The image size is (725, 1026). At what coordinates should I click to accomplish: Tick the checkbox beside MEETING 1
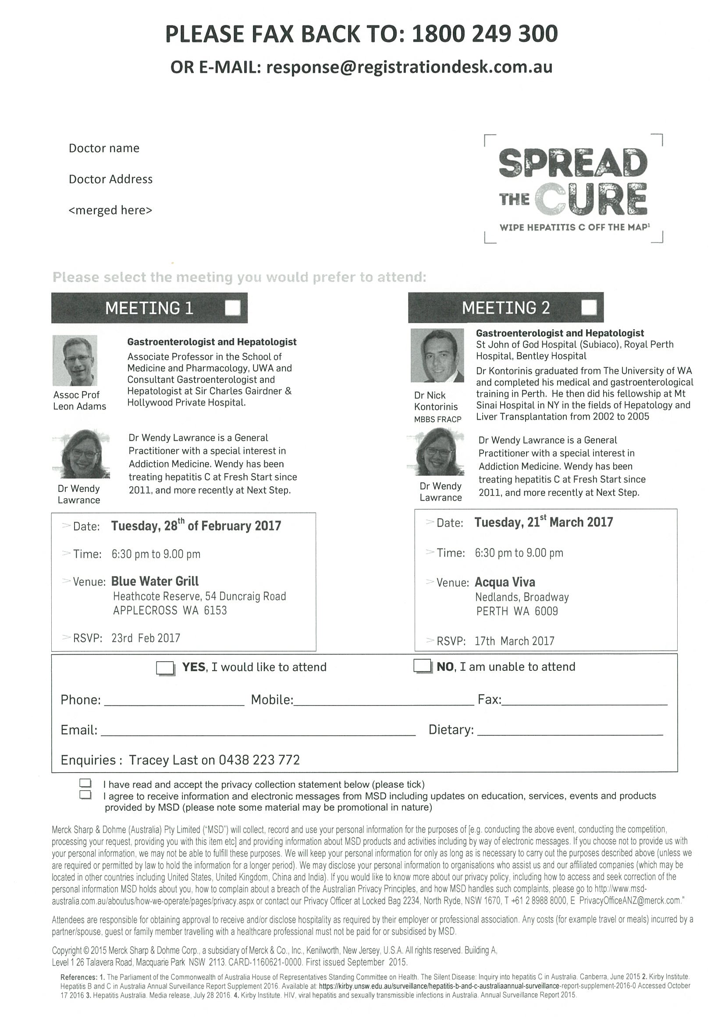tap(233, 307)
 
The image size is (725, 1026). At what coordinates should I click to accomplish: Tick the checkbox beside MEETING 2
tap(589, 307)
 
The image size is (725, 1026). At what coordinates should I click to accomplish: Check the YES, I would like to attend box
tap(165, 668)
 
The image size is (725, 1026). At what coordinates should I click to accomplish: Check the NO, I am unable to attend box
tap(422, 666)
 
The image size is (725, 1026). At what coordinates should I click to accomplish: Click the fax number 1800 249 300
tap(484, 34)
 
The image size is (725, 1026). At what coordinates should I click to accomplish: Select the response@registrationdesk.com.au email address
tap(409, 67)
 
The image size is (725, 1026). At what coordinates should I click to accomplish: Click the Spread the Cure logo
tap(573, 189)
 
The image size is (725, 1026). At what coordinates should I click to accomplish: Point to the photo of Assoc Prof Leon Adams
tap(75, 360)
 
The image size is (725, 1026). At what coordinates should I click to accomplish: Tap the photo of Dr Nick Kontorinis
tap(437, 355)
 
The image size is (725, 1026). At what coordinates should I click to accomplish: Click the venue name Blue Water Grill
tap(155, 581)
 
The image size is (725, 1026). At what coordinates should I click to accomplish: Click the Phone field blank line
tap(174, 701)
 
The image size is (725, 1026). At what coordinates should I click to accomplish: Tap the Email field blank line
tap(258, 731)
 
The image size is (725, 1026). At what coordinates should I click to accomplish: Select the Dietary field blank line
tap(570, 730)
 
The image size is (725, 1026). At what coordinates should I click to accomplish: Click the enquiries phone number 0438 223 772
tap(259, 760)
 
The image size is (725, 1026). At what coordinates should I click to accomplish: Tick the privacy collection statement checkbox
tap(85, 783)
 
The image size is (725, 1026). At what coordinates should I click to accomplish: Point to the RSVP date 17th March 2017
tap(514, 641)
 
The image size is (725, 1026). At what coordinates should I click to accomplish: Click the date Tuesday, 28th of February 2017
tap(195, 526)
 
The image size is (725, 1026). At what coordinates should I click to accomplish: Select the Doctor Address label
tap(110, 179)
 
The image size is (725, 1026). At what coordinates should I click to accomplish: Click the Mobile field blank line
tap(384, 701)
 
